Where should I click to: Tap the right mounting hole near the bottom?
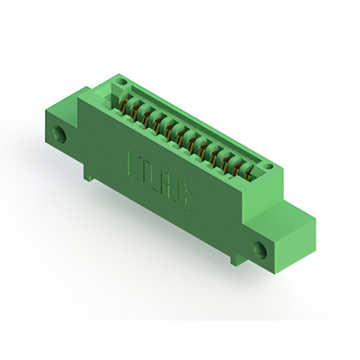coord(261,248)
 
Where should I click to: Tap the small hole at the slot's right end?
coord(268,166)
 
